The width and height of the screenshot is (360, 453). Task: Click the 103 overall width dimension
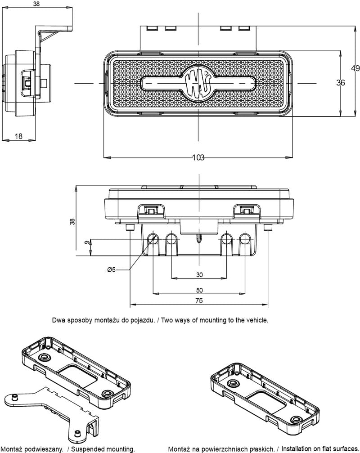click(198, 157)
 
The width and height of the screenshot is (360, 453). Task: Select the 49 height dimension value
click(355, 68)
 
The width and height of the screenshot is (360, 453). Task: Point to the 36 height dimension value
click(341, 82)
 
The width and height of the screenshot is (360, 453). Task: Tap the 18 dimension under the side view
click(19, 136)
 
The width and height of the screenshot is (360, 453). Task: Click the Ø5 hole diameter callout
click(112, 269)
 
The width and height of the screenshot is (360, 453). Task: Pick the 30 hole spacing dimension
click(199, 274)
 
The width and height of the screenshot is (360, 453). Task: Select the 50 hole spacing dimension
click(199, 290)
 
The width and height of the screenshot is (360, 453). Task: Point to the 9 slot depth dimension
click(86, 243)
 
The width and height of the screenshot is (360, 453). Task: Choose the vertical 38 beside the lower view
click(72, 221)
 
